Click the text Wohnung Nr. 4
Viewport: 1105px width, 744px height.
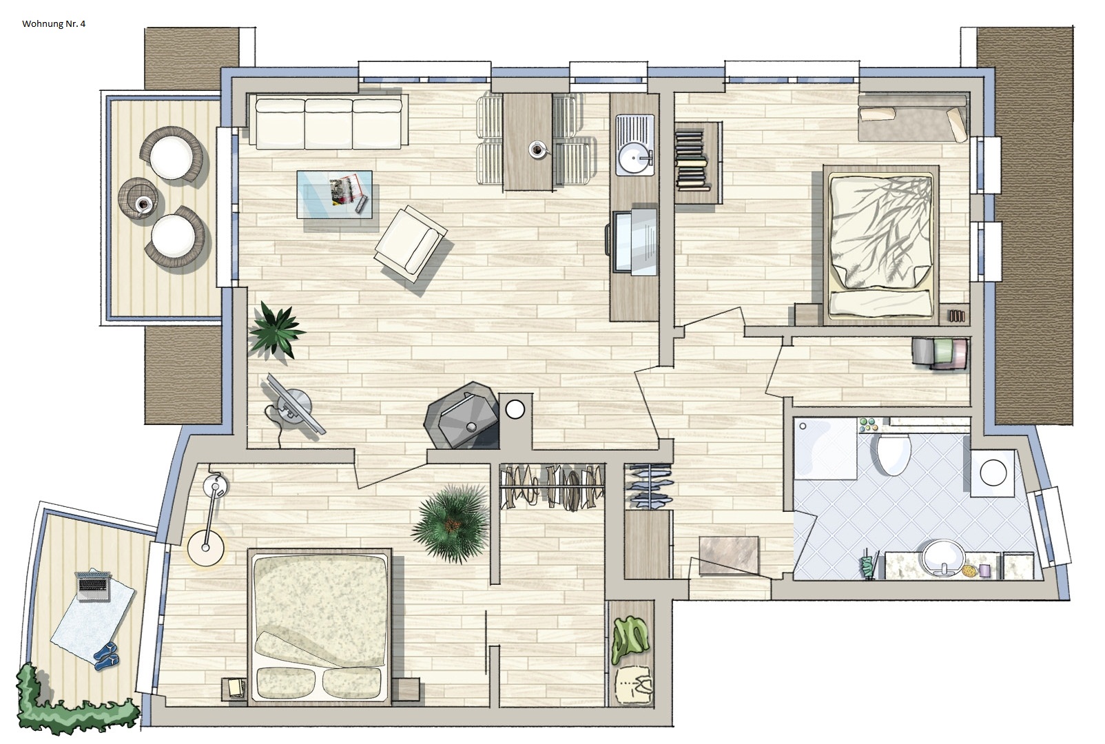[x=54, y=23]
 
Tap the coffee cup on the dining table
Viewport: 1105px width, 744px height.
[x=537, y=149]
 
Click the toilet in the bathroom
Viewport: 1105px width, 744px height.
[x=894, y=453]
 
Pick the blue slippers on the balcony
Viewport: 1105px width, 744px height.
[x=107, y=655]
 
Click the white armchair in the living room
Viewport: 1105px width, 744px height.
[x=411, y=244]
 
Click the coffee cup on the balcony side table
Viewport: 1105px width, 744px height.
[x=144, y=203]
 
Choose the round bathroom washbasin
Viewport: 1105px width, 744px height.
[x=943, y=557]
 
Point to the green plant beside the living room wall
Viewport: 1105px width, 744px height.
[x=276, y=329]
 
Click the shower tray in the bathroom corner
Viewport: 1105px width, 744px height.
[x=825, y=448]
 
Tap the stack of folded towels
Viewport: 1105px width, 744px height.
[x=939, y=353]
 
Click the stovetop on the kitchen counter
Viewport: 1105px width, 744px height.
[x=634, y=241]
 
